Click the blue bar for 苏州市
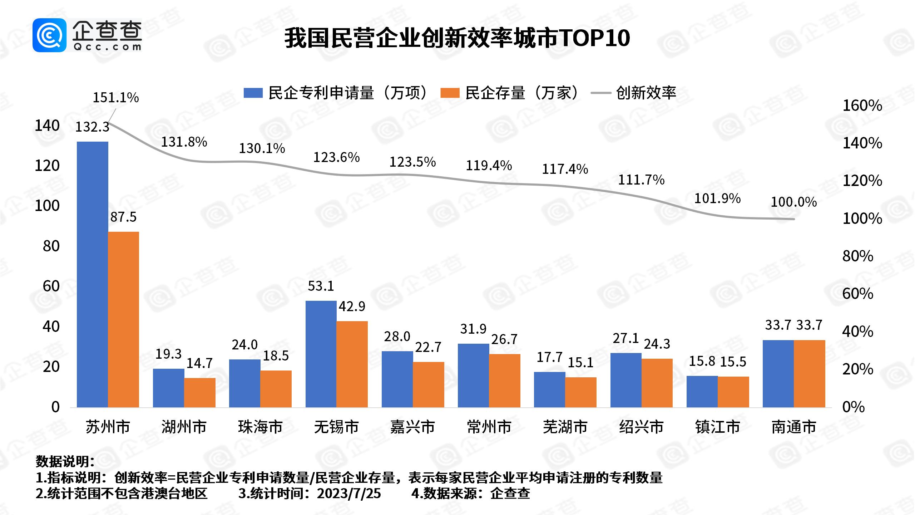click(x=92, y=274)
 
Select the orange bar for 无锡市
click(x=352, y=364)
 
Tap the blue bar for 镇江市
click(x=702, y=391)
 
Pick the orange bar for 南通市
click(x=810, y=373)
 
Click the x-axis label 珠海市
click(x=260, y=427)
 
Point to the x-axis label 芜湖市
click(x=565, y=427)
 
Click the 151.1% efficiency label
click(x=116, y=98)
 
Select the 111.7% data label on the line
click(x=641, y=180)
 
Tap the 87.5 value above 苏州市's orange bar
click(x=123, y=217)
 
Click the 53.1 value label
click(x=321, y=286)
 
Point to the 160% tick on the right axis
click(x=862, y=106)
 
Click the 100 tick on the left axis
click(x=47, y=206)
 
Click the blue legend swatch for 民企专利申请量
click(x=253, y=93)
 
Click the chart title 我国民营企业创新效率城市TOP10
click(x=457, y=38)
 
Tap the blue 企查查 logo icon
click(x=49, y=35)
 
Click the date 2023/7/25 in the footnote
click(x=349, y=494)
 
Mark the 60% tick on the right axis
click(x=857, y=294)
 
